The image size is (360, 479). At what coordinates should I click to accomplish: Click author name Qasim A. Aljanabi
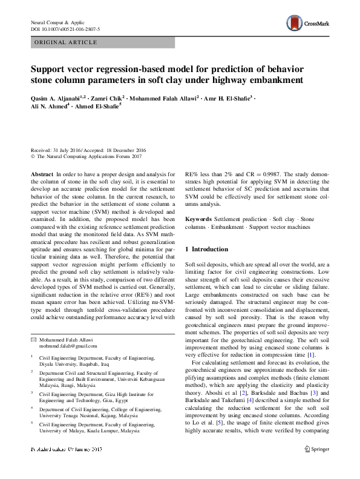click(x=59, y=97)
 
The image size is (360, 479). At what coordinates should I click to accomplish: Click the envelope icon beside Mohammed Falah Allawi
click(x=33, y=339)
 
